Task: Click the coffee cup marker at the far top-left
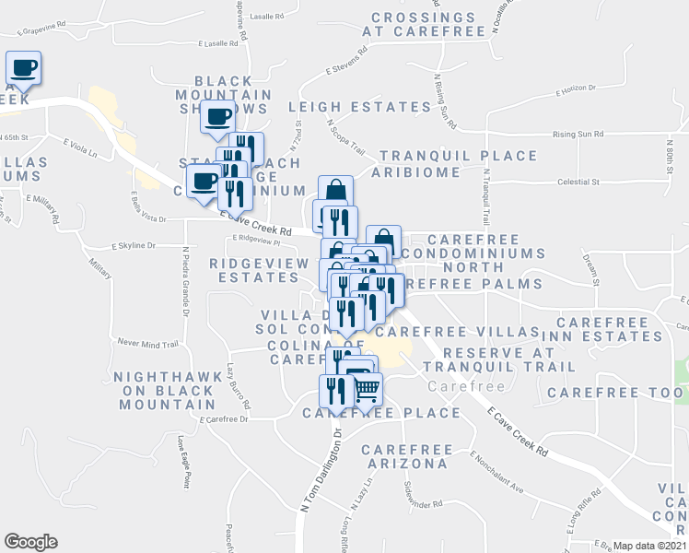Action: (x=24, y=67)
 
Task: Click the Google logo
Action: (x=30, y=542)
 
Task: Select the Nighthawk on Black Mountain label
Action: (x=164, y=391)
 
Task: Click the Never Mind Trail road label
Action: (x=147, y=345)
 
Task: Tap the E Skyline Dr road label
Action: (x=134, y=246)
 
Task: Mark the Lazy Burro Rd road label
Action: (x=239, y=386)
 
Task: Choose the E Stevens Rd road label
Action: (x=346, y=69)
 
